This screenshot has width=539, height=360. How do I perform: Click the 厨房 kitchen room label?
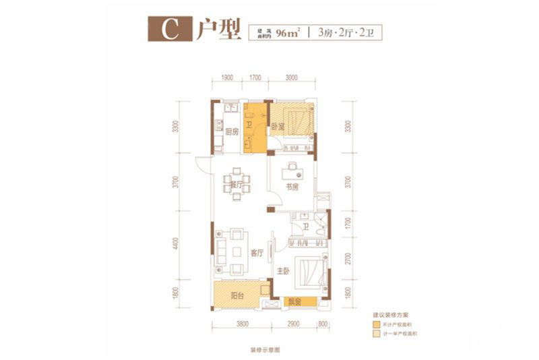coord(231,131)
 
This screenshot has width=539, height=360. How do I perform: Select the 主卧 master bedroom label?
coord(281,273)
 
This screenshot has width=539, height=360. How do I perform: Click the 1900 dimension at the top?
coord(227,78)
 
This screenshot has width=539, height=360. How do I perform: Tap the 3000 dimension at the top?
coord(290,78)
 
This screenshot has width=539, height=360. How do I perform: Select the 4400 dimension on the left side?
coord(177,242)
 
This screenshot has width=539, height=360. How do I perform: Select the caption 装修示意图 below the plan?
coord(264,351)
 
